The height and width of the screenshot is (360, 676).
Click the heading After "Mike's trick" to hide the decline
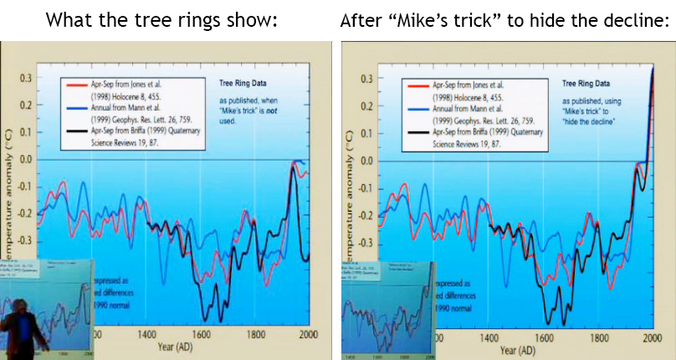(x=504, y=19)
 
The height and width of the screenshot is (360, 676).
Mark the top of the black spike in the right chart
(x=653, y=69)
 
